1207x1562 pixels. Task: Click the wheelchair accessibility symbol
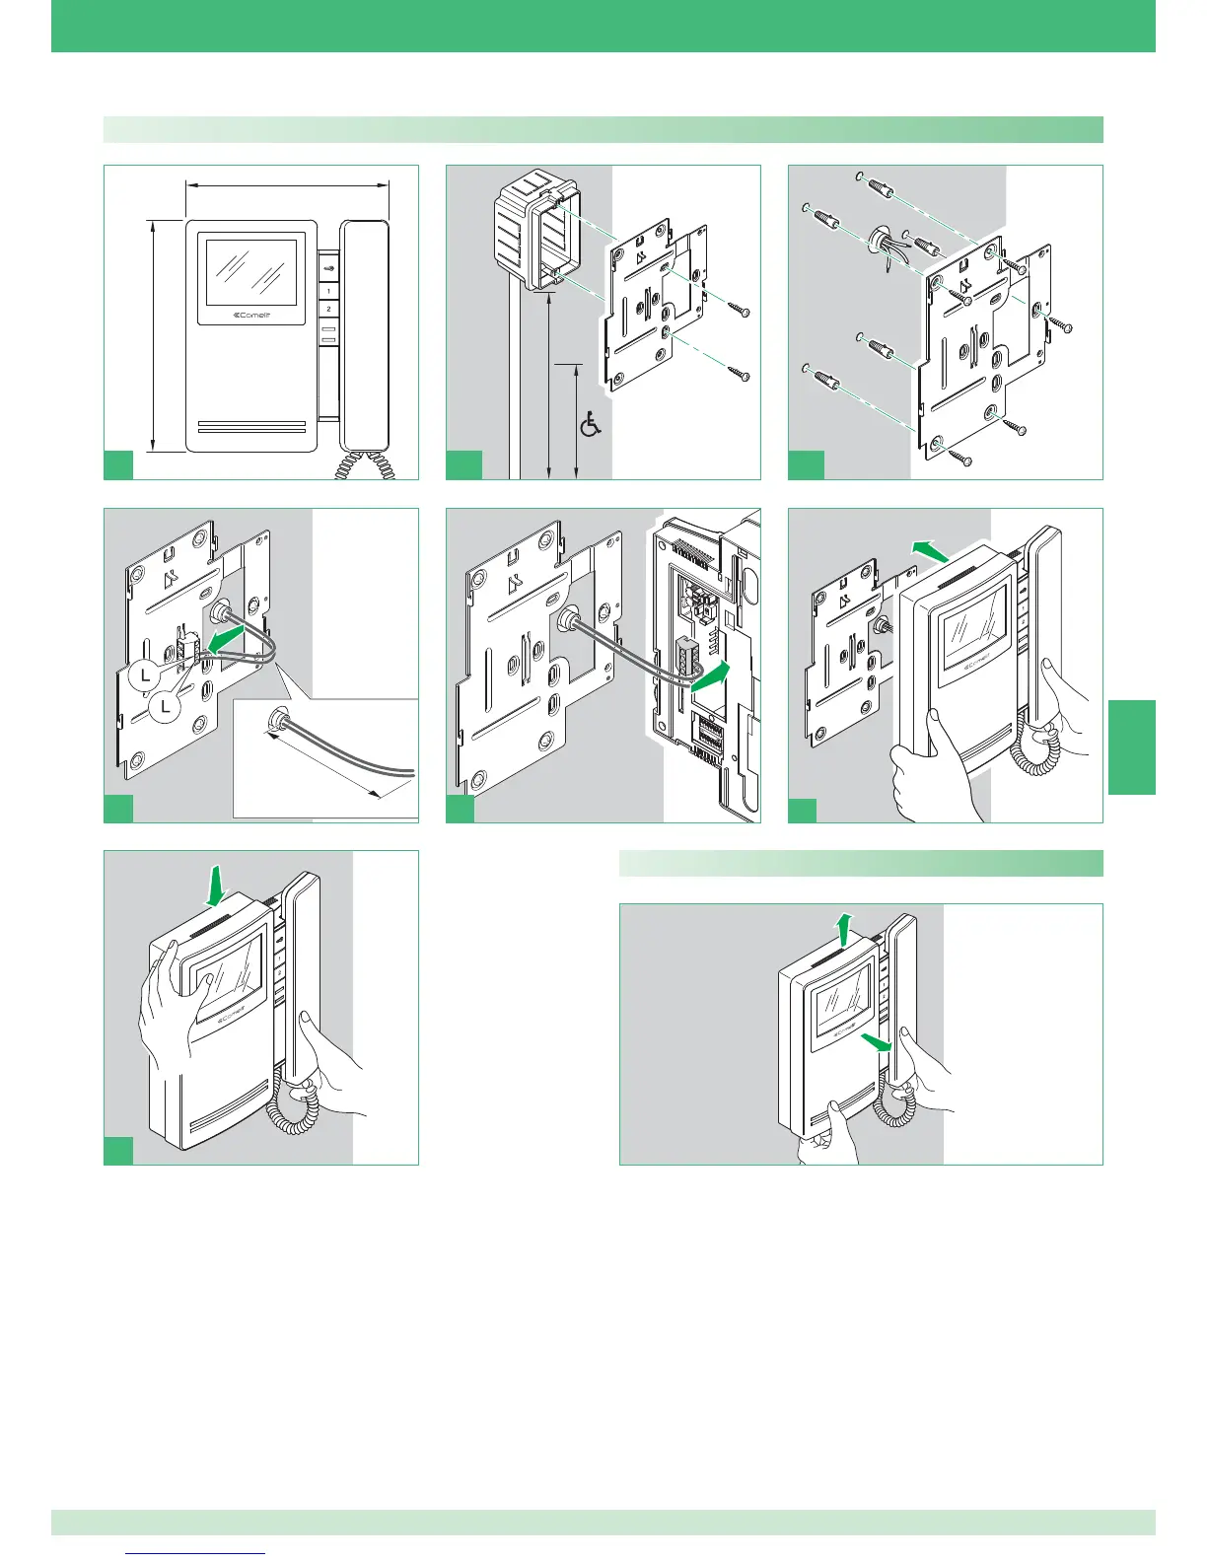click(590, 426)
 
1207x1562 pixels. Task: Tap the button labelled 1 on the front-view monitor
click(328, 292)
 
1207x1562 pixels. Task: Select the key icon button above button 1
click(328, 264)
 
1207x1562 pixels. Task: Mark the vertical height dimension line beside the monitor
click(153, 335)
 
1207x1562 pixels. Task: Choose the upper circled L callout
click(145, 677)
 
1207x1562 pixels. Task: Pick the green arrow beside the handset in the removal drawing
click(874, 1042)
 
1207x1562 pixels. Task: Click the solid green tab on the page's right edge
click(1131, 745)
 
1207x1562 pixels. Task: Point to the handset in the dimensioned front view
click(365, 335)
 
